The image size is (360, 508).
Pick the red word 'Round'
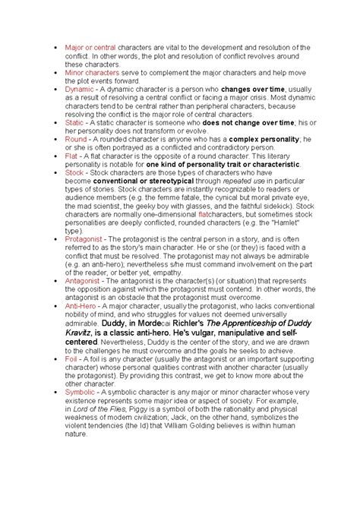pyautogui.click(x=77, y=139)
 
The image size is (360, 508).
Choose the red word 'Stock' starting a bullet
pyautogui.click(x=74, y=172)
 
